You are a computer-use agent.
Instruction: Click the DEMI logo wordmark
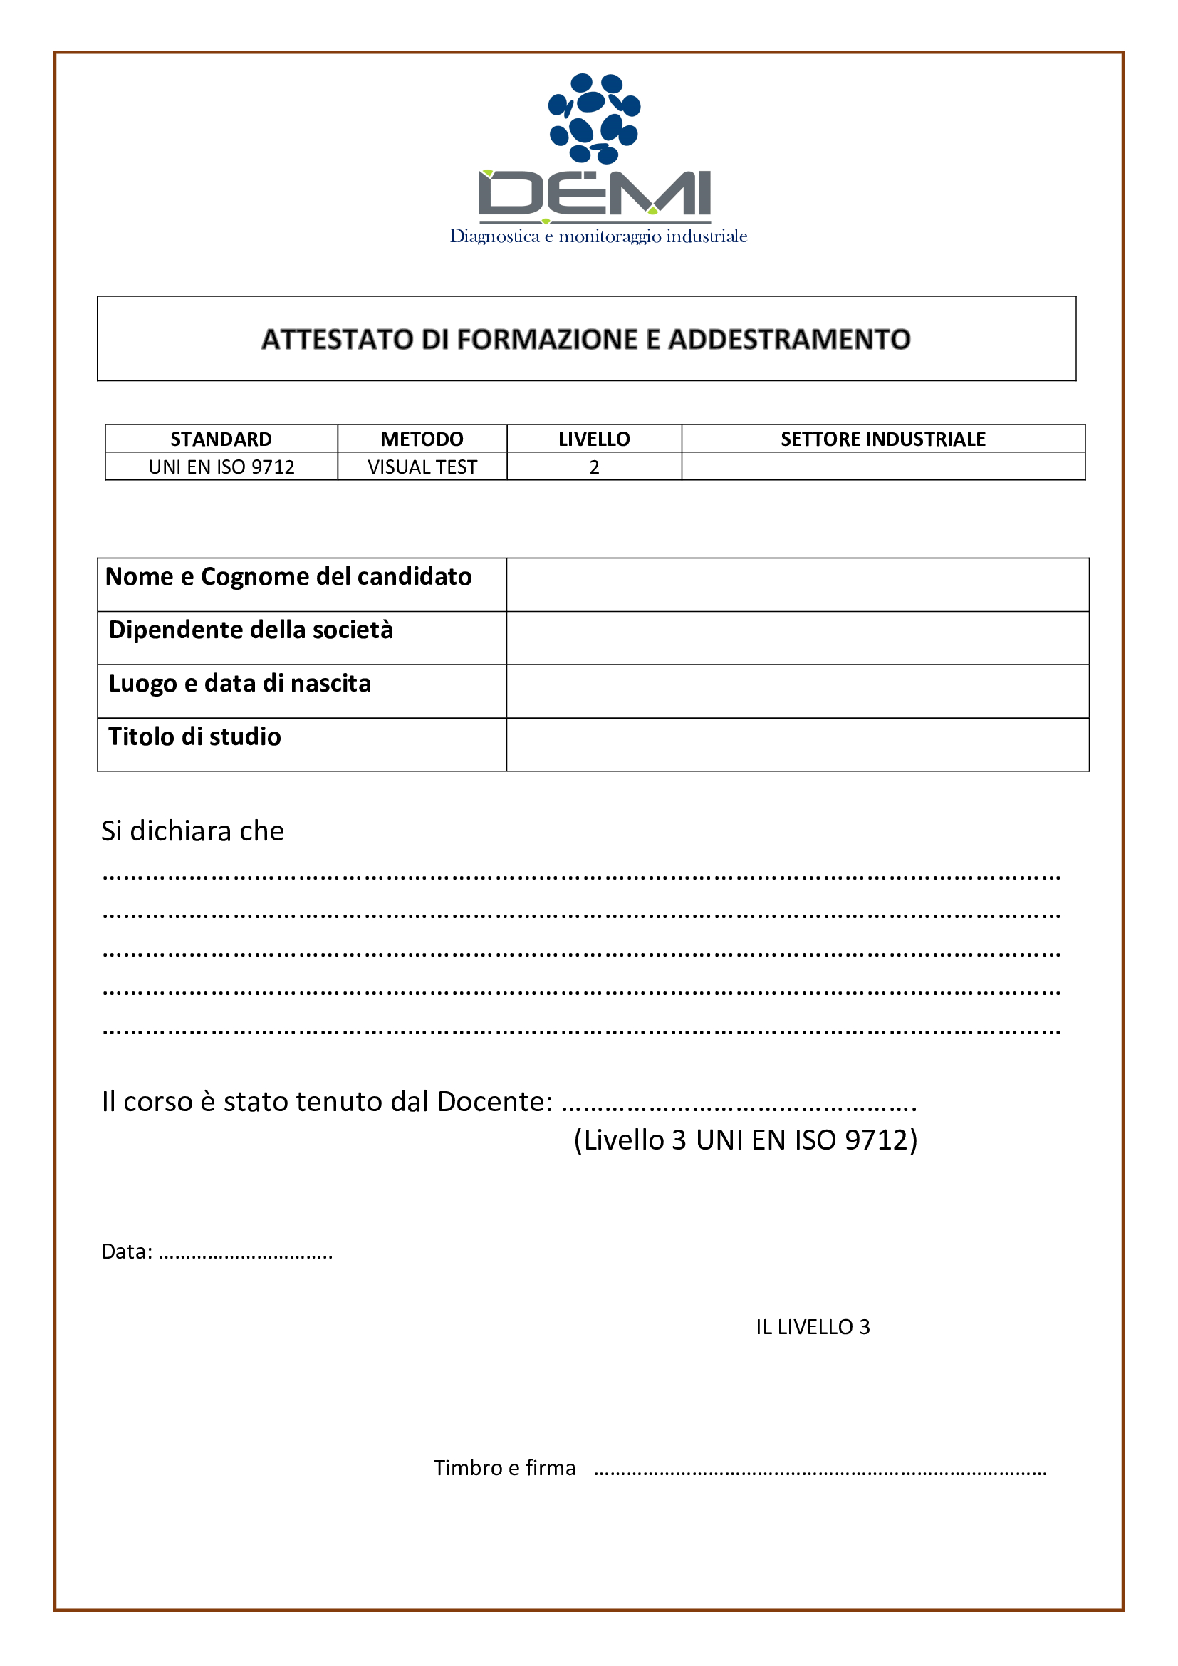pyautogui.click(x=595, y=194)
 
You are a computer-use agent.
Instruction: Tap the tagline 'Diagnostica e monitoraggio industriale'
pyautogui.click(x=598, y=236)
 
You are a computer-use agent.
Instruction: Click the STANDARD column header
pyautogui.click(x=221, y=439)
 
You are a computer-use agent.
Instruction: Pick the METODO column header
pyautogui.click(x=422, y=439)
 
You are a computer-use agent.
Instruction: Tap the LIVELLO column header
pyautogui.click(x=594, y=439)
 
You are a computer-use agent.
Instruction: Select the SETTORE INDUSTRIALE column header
pyautogui.click(x=882, y=439)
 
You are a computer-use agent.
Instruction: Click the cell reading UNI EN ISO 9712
pyautogui.click(x=221, y=467)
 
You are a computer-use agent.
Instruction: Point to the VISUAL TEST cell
pyautogui.click(x=422, y=467)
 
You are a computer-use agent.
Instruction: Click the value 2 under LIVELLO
pyautogui.click(x=594, y=467)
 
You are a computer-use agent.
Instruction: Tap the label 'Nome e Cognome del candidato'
pyautogui.click(x=288, y=576)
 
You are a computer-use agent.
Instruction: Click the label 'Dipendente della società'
pyautogui.click(x=251, y=630)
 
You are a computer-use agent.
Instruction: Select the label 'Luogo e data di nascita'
pyautogui.click(x=239, y=683)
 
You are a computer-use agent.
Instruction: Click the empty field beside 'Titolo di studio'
pyautogui.click(x=797, y=744)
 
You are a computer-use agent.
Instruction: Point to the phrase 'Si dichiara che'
pyautogui.click(x=192, y=831)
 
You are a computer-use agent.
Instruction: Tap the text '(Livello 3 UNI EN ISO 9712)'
pyautogui.click(x=745, y=1140)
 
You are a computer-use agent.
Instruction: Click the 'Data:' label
pyautogui.click(x=127, y=1251)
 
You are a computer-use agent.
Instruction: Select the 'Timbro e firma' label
pyautogui.click(x=504, y=1468)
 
